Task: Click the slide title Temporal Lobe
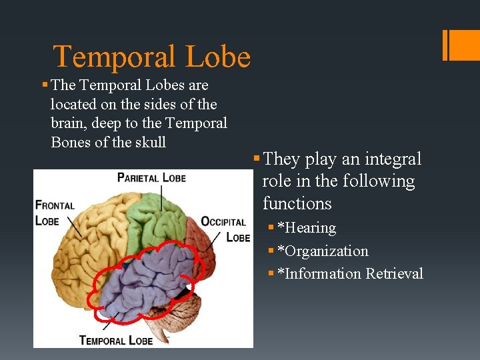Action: click(x=151, y=57)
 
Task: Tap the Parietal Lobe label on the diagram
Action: click(x=151, y=177)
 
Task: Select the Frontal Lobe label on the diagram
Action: click(x=55, y=212)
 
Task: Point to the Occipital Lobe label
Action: click(x=225, y=229)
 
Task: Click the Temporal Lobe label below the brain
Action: click(x=116, y=340)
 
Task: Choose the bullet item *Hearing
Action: click(x=306, y=228)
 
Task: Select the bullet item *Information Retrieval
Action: click(x=350, y=274)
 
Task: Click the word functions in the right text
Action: click(x=297, y=203)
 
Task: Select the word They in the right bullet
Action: click(x=282, y=159)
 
